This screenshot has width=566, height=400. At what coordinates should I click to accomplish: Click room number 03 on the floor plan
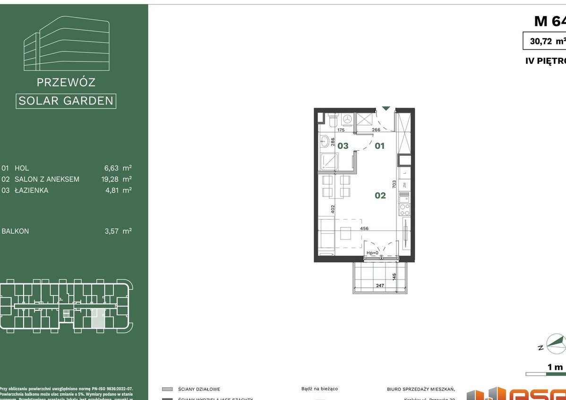click(x=343, y=145)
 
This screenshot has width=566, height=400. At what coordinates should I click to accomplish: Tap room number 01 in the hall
click(x=380, y=145)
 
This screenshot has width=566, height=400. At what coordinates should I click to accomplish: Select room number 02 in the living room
click(x=380, y=195)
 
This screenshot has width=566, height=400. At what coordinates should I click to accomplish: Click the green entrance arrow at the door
click(x=386, y=109)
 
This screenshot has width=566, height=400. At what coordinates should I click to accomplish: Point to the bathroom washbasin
click(x=325, y=141)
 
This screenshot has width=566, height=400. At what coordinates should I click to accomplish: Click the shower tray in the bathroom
click(x=327, y=162)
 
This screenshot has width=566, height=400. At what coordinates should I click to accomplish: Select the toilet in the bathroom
click(x=332, y=120)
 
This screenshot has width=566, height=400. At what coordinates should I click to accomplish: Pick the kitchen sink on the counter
click(x=404, y=195)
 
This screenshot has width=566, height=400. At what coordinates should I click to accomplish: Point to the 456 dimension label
click(x=364, y=229)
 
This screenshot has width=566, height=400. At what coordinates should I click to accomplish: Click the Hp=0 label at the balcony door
click(x=373, y=253)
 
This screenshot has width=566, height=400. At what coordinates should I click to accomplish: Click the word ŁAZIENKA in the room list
click(x=31, y=191)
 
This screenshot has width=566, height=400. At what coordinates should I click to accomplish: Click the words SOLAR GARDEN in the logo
click(x=66, y=101)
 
